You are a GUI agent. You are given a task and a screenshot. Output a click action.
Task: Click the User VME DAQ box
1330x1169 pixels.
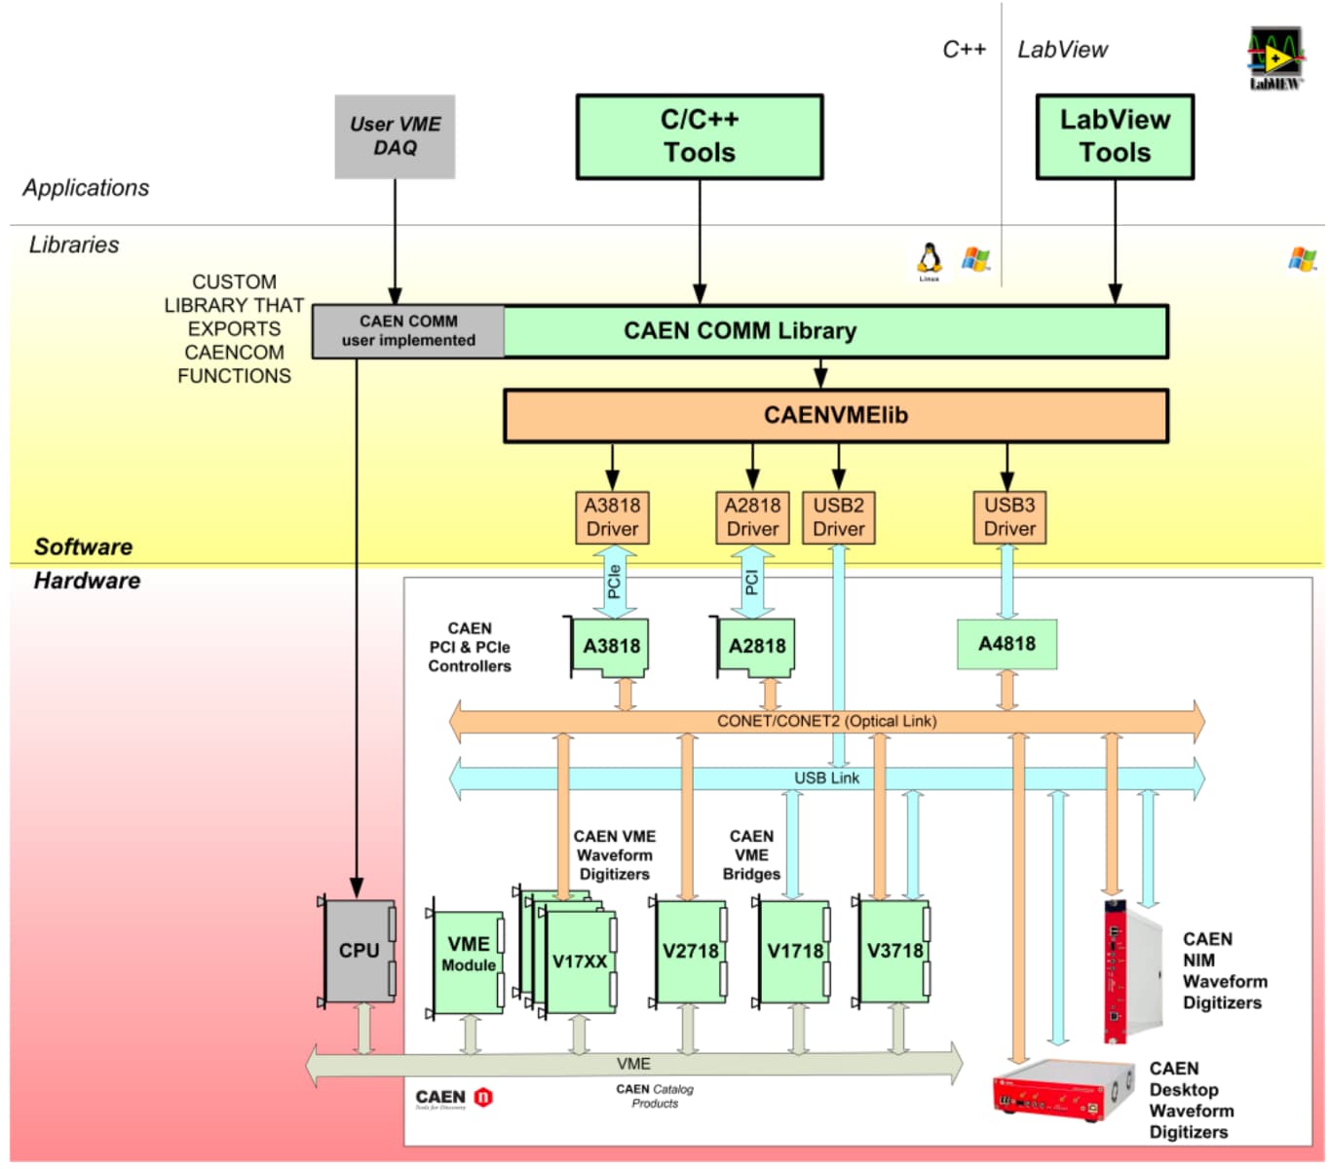tap(395, 136)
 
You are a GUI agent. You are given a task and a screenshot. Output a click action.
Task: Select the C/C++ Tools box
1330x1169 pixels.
tap(699, 136)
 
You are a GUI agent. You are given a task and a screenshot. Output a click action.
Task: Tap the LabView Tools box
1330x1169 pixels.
tap(1115, 136)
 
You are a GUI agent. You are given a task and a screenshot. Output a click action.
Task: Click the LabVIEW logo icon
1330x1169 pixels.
tap(1275, 58)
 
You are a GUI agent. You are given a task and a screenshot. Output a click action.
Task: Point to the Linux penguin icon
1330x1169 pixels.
tap(930, 260)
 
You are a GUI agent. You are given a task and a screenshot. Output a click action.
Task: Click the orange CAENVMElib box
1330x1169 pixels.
tap(835, 416)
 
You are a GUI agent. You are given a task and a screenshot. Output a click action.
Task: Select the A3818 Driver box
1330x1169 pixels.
tap(612, 517)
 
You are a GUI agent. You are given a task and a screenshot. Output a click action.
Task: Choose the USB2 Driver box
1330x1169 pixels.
tap(838, 517)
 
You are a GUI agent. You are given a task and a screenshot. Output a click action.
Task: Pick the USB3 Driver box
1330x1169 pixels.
tap(1008, 517)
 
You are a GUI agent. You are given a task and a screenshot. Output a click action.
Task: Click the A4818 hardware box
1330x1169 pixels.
tap(1007, 644)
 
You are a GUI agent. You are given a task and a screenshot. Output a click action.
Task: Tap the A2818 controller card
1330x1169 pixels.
tap(756, 646)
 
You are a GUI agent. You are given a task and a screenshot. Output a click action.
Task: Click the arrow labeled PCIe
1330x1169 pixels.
tap(614, 582)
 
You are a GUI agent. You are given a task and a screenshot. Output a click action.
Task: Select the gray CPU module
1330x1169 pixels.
tap(359, 951)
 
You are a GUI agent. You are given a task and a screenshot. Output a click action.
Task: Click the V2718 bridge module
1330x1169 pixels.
tap(690, 951)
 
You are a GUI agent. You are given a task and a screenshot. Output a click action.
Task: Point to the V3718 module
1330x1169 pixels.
tap(893, 951)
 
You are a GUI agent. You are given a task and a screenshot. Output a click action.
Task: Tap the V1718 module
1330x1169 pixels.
tap(794, 951)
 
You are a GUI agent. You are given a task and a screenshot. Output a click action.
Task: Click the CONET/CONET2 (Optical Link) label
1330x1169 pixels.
tap(826, 721)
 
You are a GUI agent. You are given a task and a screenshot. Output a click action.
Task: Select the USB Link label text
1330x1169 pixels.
tap(826, 778)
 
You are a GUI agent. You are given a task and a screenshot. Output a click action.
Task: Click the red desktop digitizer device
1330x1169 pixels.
tap(1063, 1090)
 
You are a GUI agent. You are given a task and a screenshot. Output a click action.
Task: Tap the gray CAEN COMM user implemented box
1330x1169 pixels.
tap(408, 331)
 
